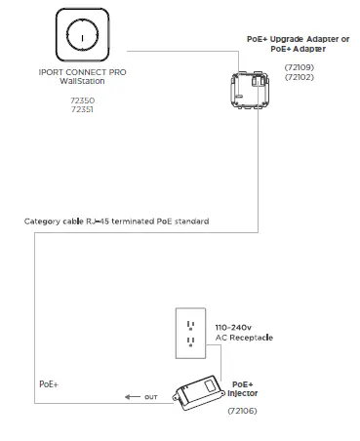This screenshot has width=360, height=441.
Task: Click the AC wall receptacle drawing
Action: pyautogui.click(x=190, y=335)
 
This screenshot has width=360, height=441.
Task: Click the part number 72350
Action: pyautogui.click(x=82, y=100)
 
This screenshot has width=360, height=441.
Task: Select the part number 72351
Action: pyautogui.click(x=82, y=109)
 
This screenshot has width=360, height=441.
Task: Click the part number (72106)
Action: pyautogui.click(x=242, y=413)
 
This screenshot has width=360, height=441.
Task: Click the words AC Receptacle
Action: pyautogui.click(x=243, y=338)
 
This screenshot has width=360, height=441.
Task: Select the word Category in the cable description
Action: pyautogui.click(x=42, y=221)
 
